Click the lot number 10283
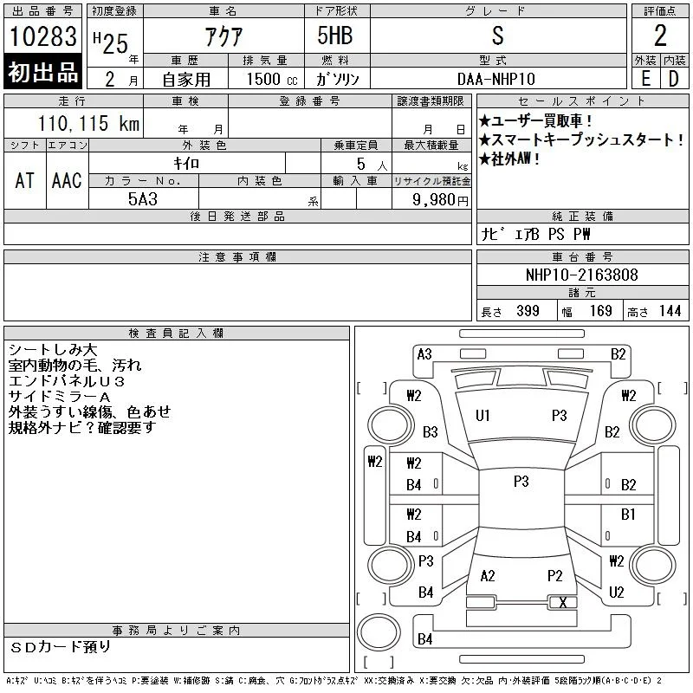pos(42,36)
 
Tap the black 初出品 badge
pos(42,72)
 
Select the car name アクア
pos(223,36)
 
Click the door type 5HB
pos(335,36)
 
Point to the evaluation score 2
pos(660,36)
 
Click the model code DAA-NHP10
pos(495,79)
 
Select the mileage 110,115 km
pos(88,123)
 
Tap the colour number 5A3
pos(143,199)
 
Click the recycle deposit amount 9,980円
pos(440,200)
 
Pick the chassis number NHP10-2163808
pos(581,275)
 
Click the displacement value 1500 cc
pos(272,79)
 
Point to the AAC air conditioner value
pos(67,180)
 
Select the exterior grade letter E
pos(645,79)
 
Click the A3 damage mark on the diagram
pos(424,354)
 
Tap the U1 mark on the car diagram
pos(483,416)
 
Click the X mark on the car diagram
pos(562,602)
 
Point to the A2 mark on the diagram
pos(488,576)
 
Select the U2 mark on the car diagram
pos(616,592)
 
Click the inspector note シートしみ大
pos(53,350)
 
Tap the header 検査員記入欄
pos(176,334)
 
